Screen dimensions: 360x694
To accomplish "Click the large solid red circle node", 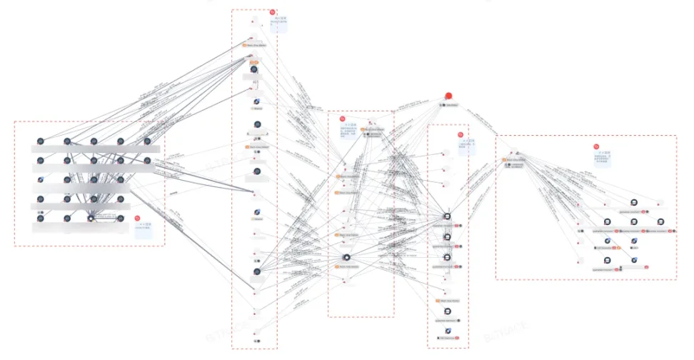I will pyautogui.click(x=448, y=96).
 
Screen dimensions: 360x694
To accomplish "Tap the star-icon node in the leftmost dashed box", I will pyautogui.click(x=91, y=216).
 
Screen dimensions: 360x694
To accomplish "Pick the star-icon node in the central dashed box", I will pyautogui.click(x=346, y=257).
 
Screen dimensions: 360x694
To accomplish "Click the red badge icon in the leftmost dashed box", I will pyautogui.click(x=137, y=218).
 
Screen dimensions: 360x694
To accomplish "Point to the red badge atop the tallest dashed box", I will pyautogui.click(x=272, y=12).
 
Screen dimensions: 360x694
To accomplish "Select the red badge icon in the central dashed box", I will pyautogui.click(x=342, y=119).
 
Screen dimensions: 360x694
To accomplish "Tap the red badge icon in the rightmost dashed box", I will pyautogui.click(x=596, y=147).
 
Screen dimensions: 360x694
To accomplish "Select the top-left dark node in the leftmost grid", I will pyautogui.click(x=41, y=141).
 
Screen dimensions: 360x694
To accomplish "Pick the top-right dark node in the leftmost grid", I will pyautogui.click(x=147, y=141).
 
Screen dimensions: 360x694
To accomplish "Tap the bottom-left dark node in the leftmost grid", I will pyautogui.click(x=41, y=214).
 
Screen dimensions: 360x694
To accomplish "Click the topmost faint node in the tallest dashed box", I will pyautogui.click(x=253, y=21).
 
